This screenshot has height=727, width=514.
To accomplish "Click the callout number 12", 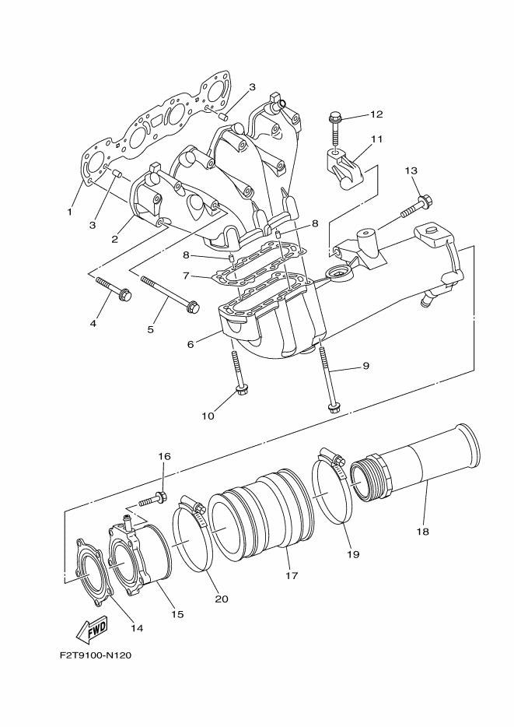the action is (x=376, y=114).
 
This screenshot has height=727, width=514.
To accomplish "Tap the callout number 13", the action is (x=411, y=170).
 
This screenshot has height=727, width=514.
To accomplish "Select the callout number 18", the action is (x=422, y=532).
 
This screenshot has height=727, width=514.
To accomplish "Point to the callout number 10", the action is (x=208, y=416).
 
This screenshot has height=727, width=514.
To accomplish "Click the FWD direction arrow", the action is (x=92, y=629).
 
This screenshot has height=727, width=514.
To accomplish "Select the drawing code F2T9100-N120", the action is (x=96, y=655).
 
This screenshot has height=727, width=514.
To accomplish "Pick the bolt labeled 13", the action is (x=416, y=207).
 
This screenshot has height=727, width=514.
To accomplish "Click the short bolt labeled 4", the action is (x=114, y=287).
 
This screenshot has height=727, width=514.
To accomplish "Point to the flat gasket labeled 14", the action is (x=93, y=571).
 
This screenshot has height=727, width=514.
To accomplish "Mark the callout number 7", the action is (x=186, y=276).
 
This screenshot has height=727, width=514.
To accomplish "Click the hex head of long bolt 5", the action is (x=193, y=307).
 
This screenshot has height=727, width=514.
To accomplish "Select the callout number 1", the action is (x=69, y=212).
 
